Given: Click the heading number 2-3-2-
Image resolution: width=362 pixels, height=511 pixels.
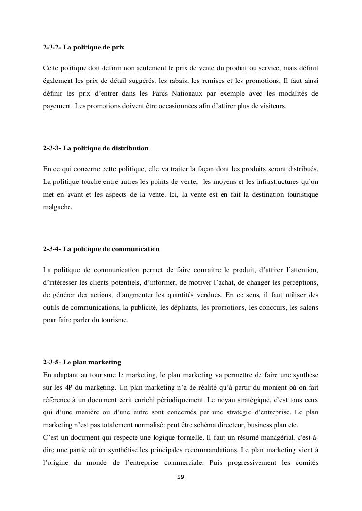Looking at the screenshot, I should [52, 48].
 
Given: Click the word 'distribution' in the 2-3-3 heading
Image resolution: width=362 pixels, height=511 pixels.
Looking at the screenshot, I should [130, 148].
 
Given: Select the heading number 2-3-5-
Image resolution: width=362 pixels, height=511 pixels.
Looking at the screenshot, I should [52, 363].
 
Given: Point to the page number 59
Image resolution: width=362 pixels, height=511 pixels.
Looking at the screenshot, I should [181, 477].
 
